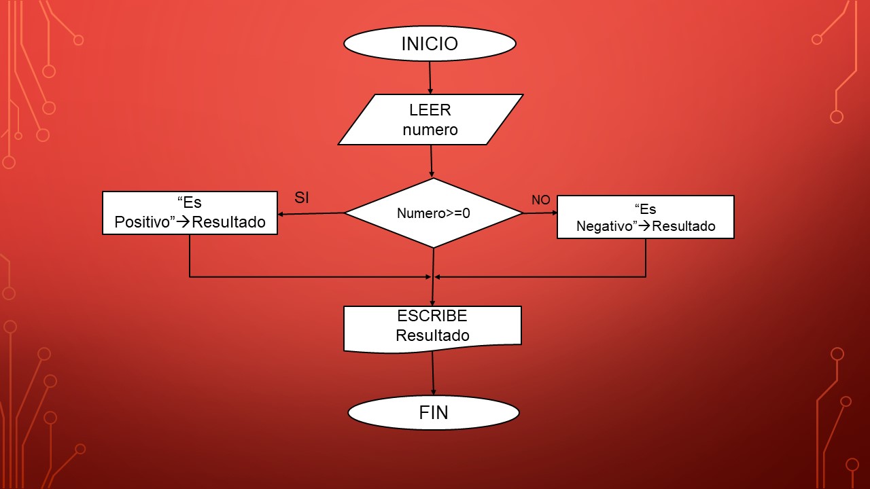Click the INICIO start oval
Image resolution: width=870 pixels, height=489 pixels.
pos(430,44)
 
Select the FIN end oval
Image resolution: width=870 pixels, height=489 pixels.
pos(434,413)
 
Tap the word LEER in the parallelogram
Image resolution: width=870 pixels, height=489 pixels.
pos(430,110)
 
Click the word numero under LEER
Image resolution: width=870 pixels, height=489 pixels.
pos(430,130)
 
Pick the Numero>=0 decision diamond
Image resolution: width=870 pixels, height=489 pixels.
pos(434,213)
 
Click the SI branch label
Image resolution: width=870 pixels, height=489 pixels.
pos(302,198)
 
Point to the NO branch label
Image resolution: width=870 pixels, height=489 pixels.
pos(540,200)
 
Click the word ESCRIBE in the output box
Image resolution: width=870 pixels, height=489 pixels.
pos(432,316)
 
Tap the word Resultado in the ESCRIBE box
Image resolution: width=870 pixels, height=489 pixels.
pos(432,336)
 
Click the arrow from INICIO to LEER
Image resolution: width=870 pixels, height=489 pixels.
pos(430,77)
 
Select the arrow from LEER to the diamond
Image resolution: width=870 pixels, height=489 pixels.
pos(432,162)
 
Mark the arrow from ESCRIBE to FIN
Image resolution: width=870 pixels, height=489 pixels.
pos(433,374)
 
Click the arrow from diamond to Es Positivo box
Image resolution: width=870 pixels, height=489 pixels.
pos(311,214)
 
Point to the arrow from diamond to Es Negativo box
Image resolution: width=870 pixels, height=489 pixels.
pos(540,213)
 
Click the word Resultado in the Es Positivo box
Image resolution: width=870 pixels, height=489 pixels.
pos(229,222)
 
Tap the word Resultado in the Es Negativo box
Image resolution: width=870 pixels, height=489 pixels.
pos(683,226)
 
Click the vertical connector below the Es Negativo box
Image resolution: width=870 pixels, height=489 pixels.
pos(646,257)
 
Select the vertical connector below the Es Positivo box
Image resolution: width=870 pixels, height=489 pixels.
pos(190,255)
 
